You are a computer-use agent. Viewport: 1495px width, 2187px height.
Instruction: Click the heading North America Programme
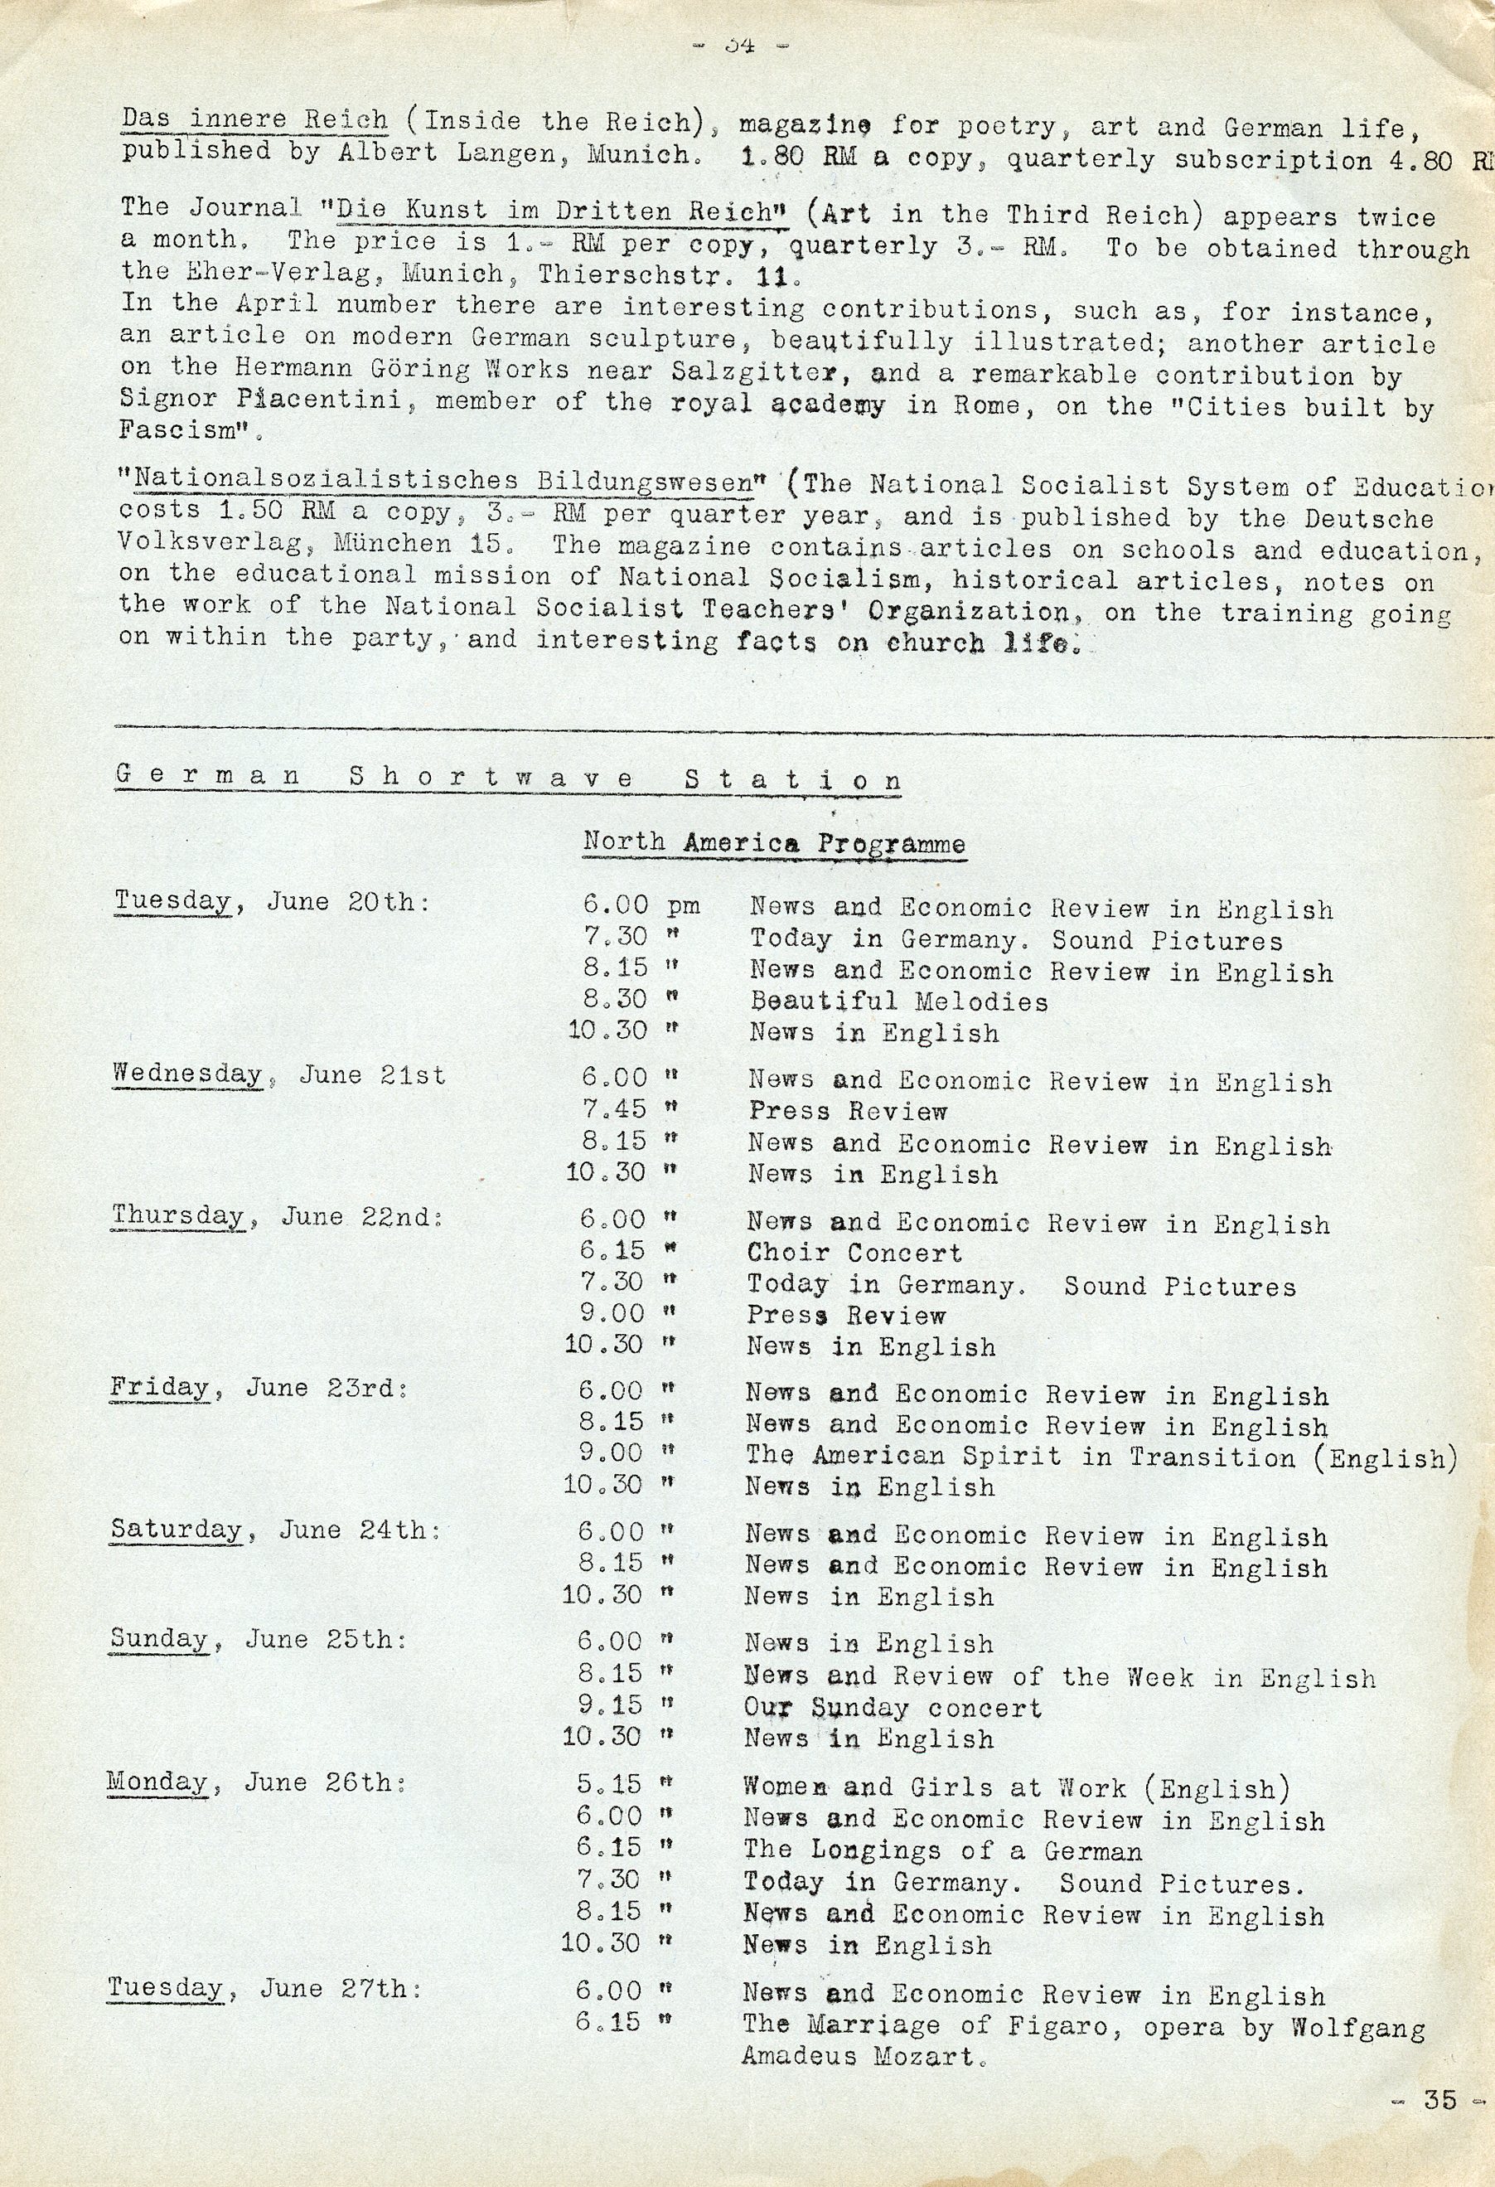(773, 842)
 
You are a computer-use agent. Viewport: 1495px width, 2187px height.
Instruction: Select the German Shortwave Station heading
(508, 778)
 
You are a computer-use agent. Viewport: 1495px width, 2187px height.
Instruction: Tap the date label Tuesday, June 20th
(272, 901)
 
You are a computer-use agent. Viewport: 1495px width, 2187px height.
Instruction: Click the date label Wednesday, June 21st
(278, 1074)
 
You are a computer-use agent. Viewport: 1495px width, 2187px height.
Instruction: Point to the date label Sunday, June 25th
(259, 1639)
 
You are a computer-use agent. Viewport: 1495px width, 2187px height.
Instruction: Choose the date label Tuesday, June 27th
(264, 1988)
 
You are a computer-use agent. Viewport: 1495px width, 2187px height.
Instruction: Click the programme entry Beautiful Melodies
(898, 1001)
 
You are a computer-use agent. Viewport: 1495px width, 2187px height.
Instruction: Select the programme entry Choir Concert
(854, 1253)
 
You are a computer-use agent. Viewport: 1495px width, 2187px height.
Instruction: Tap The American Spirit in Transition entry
(1101, 1457)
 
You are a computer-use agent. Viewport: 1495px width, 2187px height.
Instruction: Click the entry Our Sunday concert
(893, 1708)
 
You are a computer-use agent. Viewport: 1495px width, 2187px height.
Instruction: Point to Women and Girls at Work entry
(1016, 1788)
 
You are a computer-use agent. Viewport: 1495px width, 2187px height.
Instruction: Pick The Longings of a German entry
(943, 1851)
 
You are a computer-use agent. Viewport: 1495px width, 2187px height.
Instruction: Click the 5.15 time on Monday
(609, 1785)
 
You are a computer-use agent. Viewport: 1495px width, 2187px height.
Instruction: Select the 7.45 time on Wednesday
(615, 1110)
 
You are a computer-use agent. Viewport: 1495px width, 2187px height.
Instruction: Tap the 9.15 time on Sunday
(610, 1705)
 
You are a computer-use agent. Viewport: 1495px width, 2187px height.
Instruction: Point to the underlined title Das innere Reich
(254, 120)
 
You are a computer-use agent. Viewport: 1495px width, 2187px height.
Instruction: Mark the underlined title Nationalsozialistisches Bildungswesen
(443, 481)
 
